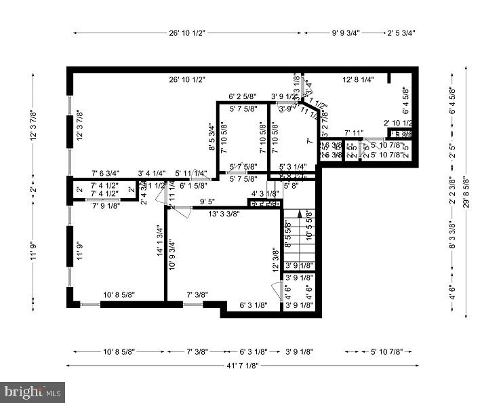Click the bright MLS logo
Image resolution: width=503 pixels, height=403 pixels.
pyautogui.click(x=33, y=391)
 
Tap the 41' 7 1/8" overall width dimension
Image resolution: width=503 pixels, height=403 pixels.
pyautogui.click(x=242, y=366)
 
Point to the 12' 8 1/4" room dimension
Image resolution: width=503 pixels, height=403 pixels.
pyautogui.click(x=359, y=80)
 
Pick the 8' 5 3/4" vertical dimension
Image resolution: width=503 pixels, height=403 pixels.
pyautogui.click(x=212, y=136)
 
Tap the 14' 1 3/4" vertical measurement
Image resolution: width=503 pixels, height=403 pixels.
pyautogui.click(x=159, y=242)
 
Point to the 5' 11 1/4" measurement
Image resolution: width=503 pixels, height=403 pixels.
pyautogui.click(x=191, y=174)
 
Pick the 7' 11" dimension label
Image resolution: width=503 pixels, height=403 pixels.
pyautogui.click(x=354, y=133)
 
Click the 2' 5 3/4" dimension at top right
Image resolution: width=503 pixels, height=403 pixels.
pyautogui.click(x=400, y=33)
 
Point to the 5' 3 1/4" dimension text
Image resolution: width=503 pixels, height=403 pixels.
pyautogui.click(x=293, y=166)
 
